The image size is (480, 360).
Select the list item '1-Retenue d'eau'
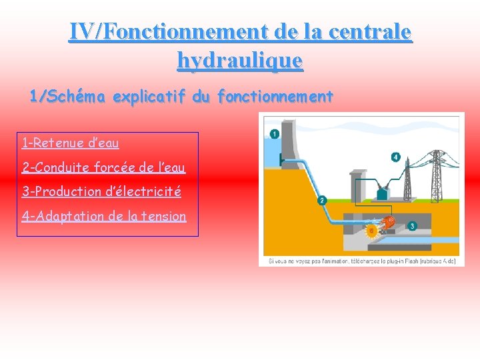pos(70,143)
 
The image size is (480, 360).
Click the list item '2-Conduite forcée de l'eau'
pos(103,167)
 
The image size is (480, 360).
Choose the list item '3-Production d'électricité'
pos(101,192)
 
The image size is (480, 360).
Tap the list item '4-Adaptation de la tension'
pos(104,216)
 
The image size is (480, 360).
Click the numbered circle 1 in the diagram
pos(274,134)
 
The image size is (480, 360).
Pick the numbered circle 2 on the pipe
pos(322,200)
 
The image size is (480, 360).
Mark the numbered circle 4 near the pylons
pos(396,157)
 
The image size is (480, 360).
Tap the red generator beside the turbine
pos(390,222)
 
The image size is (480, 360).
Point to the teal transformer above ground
pos(383,193)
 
